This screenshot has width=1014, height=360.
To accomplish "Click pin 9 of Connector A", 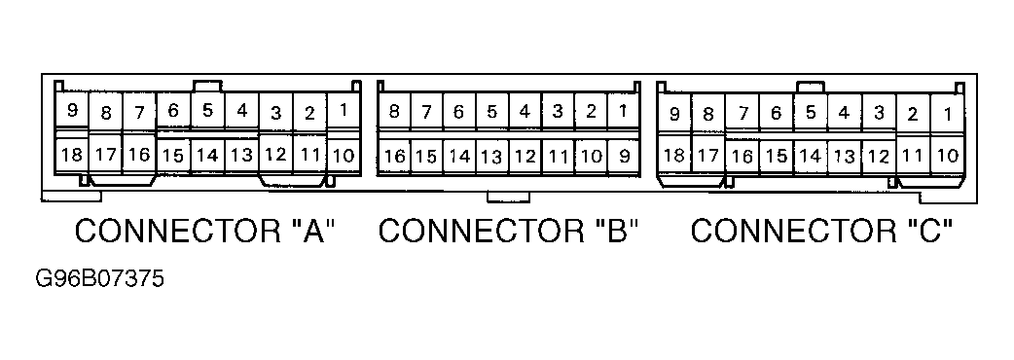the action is click(72, 111).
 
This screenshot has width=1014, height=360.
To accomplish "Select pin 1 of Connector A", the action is click(344, 111).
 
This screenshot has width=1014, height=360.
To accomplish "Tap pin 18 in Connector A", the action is click(72, 155).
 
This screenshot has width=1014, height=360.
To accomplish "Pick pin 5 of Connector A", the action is click(207, 111).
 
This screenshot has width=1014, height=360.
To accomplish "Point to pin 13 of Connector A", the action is click(241, 156).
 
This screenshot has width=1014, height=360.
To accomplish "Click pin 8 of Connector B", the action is click(393, 111).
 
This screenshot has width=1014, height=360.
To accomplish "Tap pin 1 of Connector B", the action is click(623, 111).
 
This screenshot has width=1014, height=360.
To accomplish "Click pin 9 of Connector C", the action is click(673, 114).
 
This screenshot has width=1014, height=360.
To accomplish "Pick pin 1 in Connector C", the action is click(948, 114).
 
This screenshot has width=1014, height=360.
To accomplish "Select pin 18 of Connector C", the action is click(673, 155).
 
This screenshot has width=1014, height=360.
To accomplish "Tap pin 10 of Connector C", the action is click(948, 155).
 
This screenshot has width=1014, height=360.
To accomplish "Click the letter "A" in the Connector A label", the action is click(312, 231).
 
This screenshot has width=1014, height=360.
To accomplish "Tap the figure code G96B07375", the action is click(99, 279).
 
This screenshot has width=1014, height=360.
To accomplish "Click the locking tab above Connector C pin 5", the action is click(811, 88).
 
